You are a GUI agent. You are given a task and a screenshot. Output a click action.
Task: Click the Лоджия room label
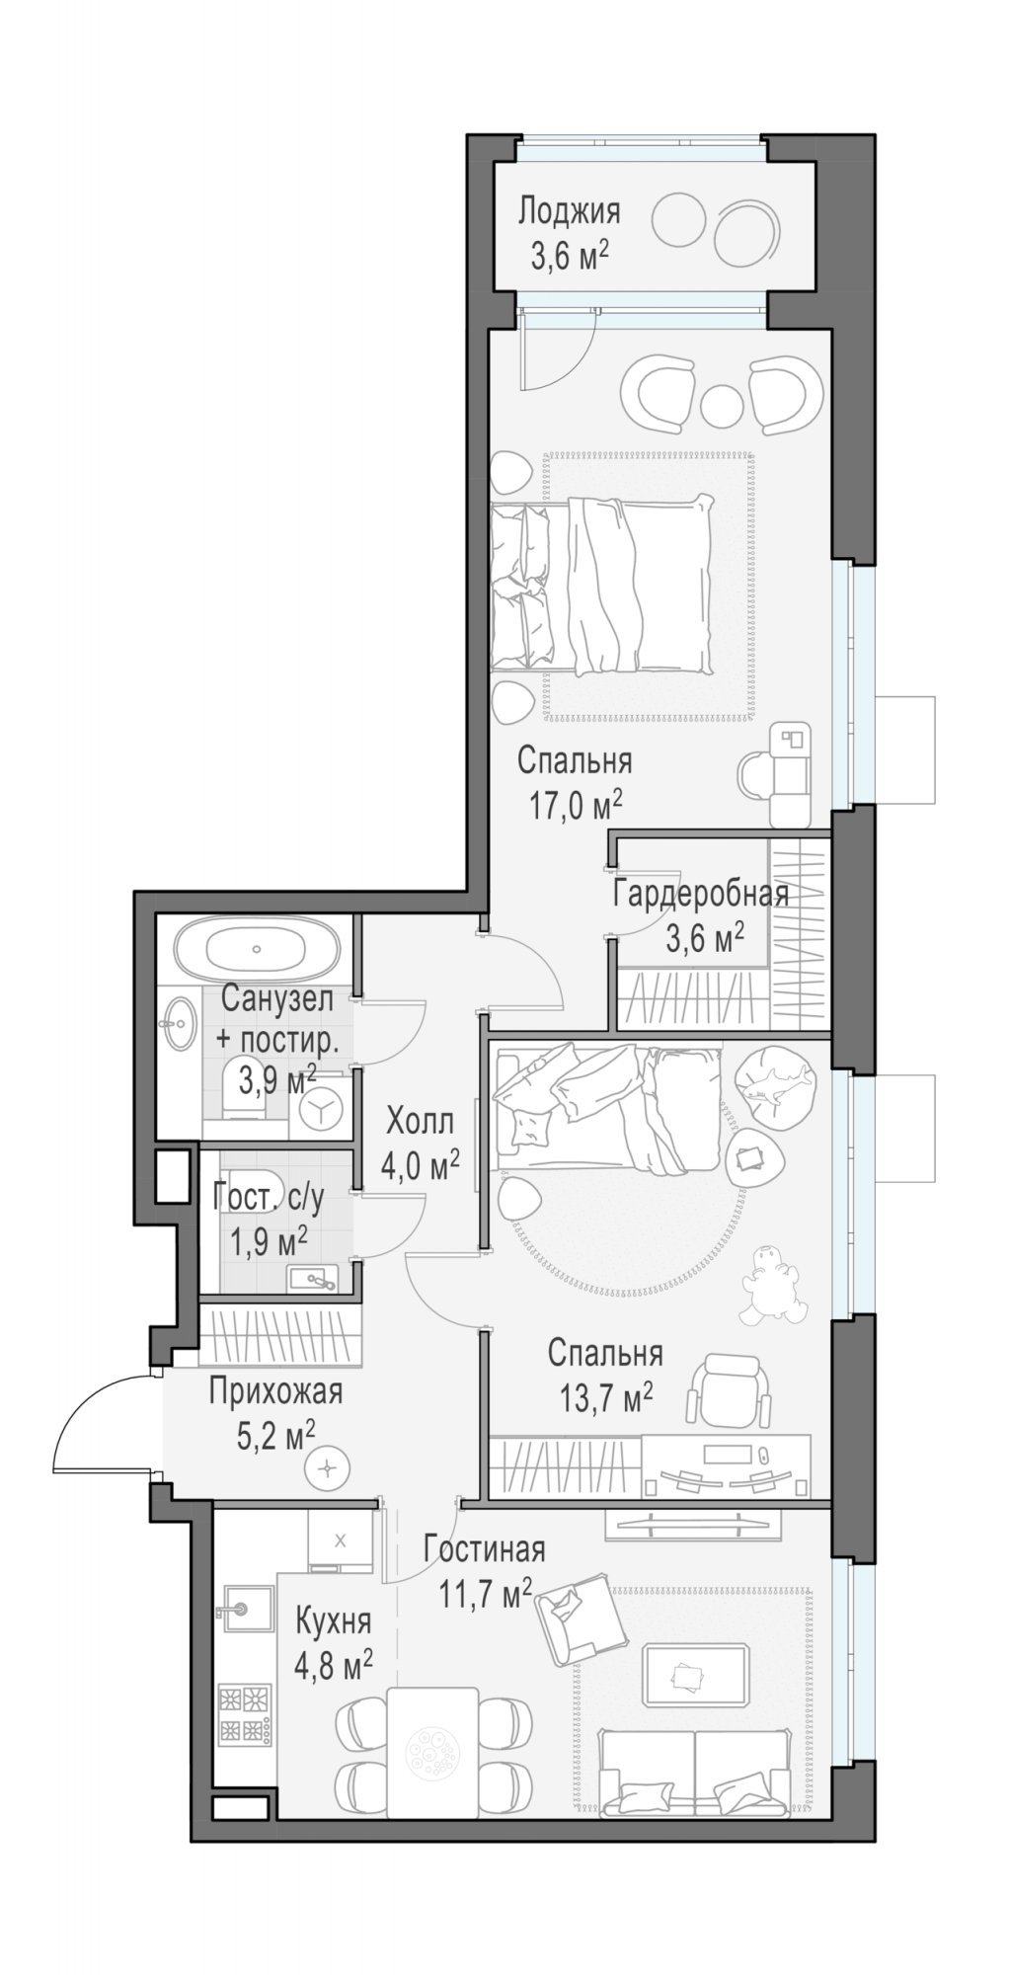pyautogui.click(x=570, y=211)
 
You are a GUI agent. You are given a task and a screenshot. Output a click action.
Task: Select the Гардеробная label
pyautogui.click(x=701, y=894)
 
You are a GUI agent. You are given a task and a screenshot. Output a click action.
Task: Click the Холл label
pyautogui.click(x=420, y=1122)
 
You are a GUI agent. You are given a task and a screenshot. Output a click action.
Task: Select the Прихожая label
pyautogui.click(x=275, y=1391)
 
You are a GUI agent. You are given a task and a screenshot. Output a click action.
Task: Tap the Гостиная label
pyautogui.click(x=484, y=1549)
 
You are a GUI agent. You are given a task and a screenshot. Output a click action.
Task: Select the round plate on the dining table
pyautogui.click(x=432, y=1751)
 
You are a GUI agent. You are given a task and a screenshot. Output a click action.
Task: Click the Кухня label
pyautogui.click(x=333, y=1621)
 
